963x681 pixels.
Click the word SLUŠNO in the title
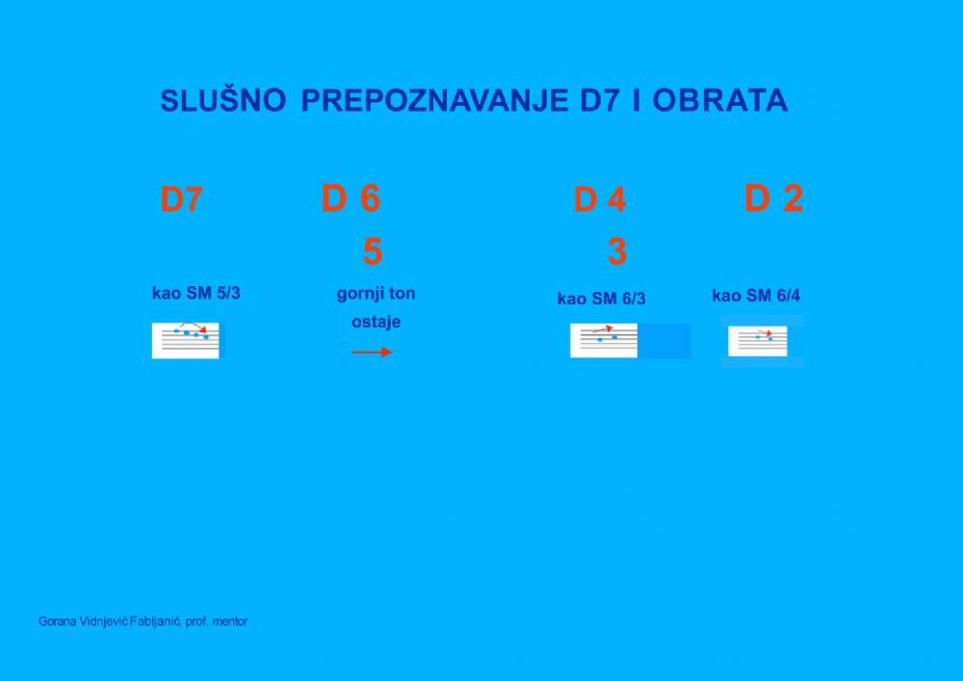222,101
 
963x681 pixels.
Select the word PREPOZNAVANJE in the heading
434,101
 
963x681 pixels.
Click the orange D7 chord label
181,200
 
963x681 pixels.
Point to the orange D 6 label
351,198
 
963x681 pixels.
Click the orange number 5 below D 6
372,251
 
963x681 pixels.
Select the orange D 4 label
599,200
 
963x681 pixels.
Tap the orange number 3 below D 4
617,251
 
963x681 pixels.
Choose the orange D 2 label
773,198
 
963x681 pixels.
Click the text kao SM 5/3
195,293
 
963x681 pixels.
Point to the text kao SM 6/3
601,299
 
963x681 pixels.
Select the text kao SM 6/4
756,295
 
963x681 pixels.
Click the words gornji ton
376,294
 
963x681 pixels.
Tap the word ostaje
376,322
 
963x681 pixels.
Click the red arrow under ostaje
372,353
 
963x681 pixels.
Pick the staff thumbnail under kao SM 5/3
186,340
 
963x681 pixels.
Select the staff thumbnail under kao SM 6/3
604,340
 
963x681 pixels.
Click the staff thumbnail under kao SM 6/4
758,340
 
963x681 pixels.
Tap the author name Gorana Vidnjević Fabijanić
110,622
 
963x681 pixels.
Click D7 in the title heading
601,101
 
